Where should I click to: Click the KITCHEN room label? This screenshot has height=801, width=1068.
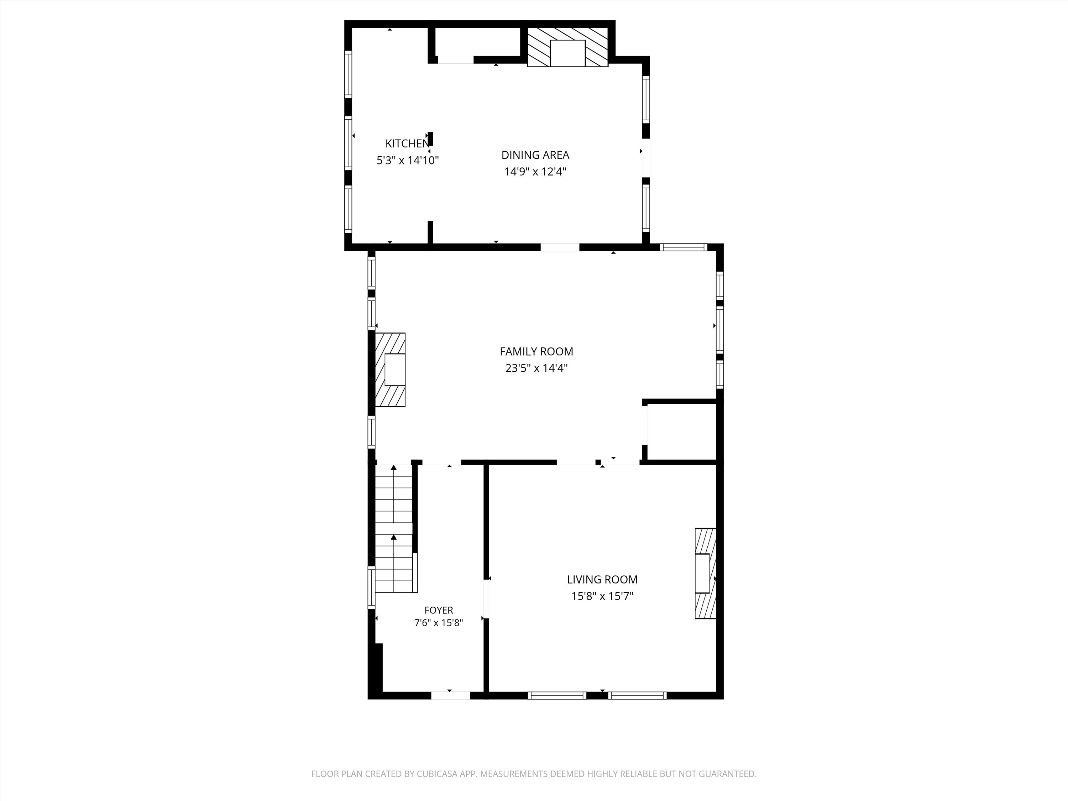tap(407, 143)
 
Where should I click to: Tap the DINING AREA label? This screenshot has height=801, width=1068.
tap(535, 155)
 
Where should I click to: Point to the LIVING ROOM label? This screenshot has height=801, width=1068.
tap(602, 579)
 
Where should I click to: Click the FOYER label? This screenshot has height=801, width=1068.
tap(438, 610)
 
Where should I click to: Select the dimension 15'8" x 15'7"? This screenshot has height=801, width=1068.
tap(602, 596)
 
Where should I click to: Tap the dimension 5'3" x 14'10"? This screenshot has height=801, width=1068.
tap(408, 160)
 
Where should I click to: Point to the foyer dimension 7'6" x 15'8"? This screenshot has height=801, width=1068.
tap(438, 623)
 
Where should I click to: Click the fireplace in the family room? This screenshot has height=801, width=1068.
tap(390, 370)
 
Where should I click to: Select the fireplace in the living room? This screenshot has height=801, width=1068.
tap(705, 574)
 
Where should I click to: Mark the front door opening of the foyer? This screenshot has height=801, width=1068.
tap(450, 695)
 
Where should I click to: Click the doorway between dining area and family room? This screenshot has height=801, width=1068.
tap(560, 247)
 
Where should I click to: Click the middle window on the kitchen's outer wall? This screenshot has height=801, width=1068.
tap(347, 143)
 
